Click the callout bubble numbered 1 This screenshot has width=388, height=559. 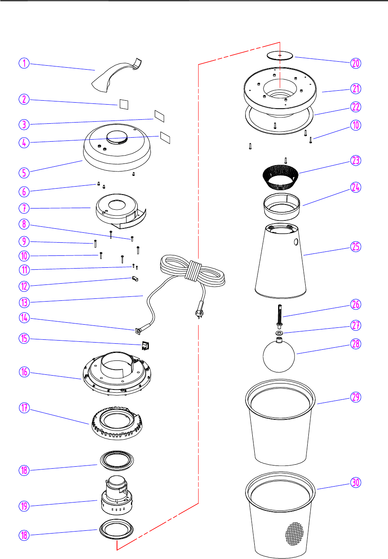point(24,63)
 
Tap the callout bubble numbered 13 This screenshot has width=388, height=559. point(24,302)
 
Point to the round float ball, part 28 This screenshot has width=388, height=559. point(279,356)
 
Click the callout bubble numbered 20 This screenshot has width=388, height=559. point(356,63)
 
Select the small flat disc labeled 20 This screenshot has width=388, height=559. point(280,56)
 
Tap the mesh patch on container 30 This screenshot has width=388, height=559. point(294,533)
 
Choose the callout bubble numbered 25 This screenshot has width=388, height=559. point(356,247)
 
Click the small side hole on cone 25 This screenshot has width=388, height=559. point(296,242)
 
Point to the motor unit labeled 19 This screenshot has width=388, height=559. point(116,495)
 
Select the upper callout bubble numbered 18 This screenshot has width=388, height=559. point(24,470)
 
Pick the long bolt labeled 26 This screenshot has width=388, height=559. point(280,314)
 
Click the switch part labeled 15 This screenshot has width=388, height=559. point(145,346)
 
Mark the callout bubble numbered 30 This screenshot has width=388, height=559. point(356,483)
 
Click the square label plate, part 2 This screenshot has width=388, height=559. point(124,104)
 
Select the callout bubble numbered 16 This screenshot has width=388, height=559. point(24,372)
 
